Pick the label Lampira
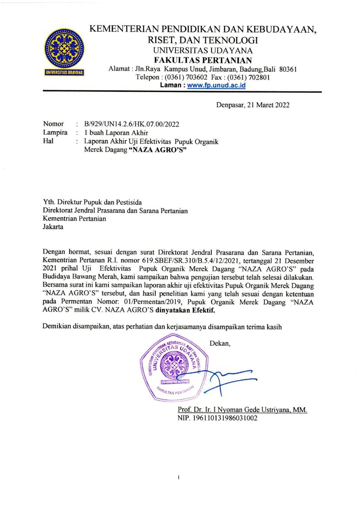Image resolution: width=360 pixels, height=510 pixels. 55,132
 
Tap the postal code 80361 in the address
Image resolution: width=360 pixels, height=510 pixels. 287,69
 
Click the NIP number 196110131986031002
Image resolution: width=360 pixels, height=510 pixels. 217,418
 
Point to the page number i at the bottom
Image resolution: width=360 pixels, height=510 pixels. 180,477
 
